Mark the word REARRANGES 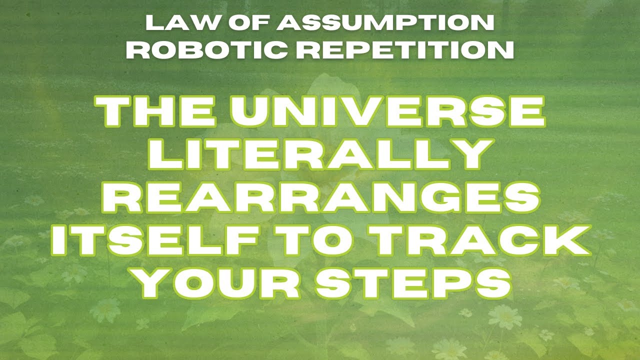click(x=320, y=199)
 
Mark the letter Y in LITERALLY click(x=467, y=155)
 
